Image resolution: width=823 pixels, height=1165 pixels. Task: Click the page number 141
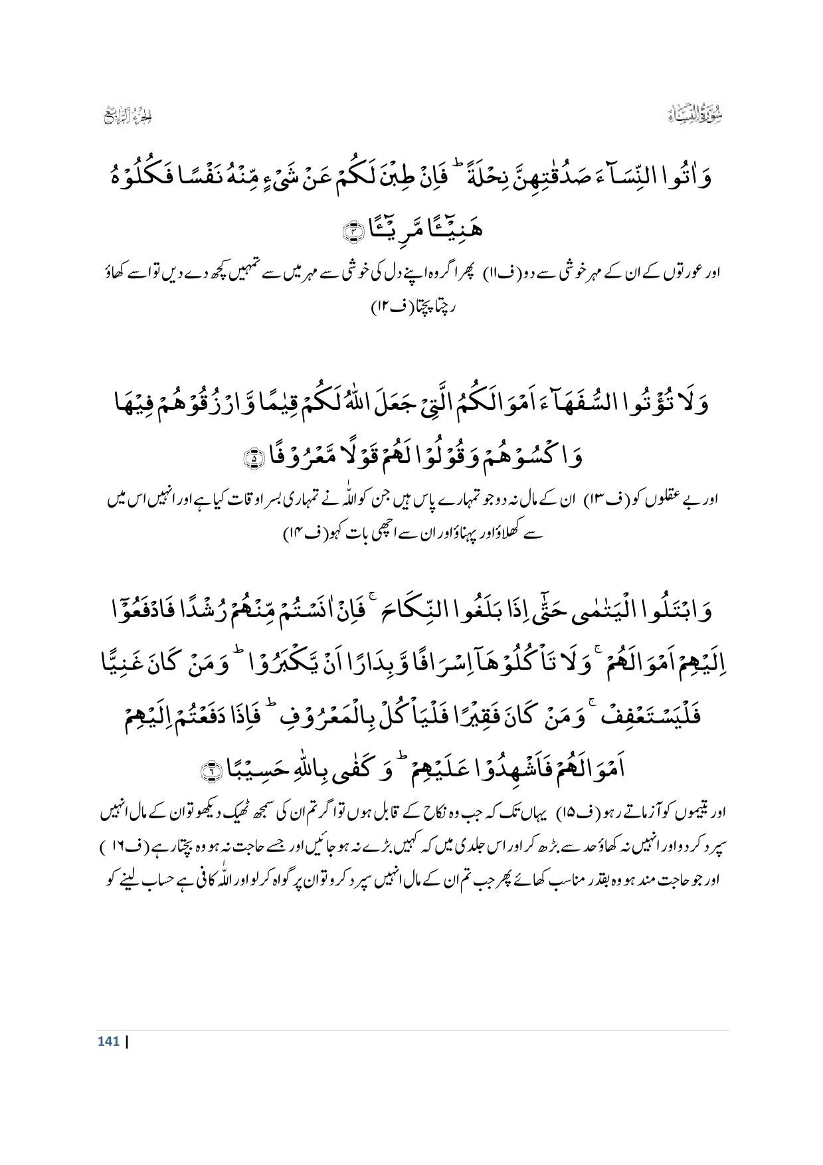(x=108, y=1041)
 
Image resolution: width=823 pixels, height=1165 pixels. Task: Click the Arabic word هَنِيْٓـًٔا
(x=451, y=230)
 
